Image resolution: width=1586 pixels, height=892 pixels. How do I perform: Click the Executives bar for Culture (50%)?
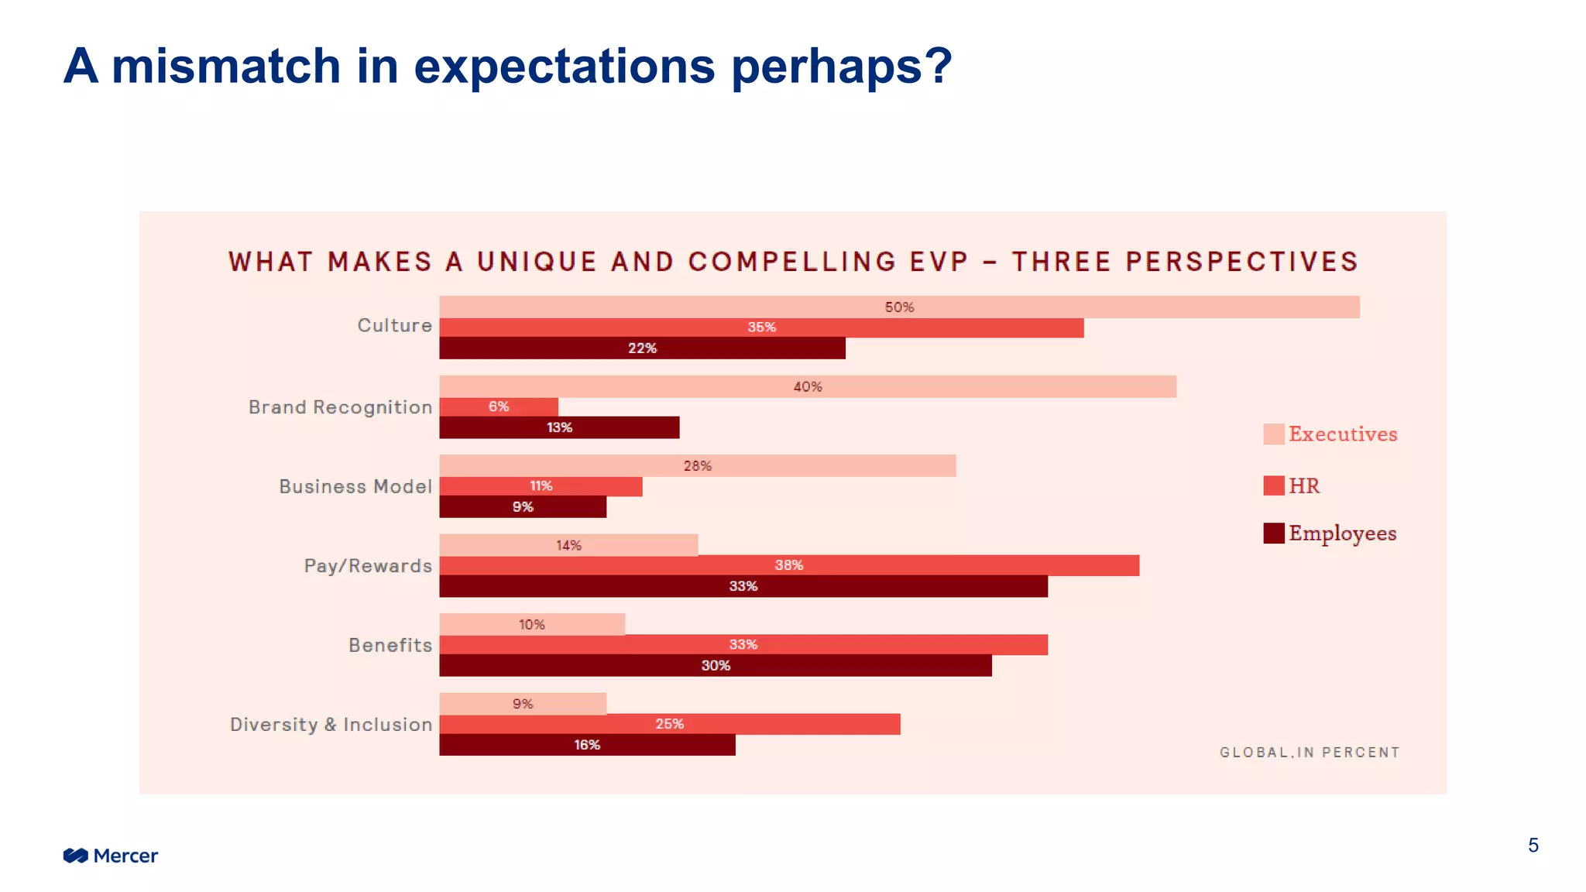click(898, 307)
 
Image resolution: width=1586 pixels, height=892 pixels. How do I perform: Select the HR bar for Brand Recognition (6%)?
click(499, 407)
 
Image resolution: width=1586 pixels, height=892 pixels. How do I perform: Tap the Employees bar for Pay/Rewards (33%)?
click(743, 586)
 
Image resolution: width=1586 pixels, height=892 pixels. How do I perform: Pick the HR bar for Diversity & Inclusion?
click(669, 724)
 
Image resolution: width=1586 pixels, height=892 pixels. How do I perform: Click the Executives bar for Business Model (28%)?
click(697, 465)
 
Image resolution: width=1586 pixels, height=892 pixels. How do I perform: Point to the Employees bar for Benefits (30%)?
click(715, 665)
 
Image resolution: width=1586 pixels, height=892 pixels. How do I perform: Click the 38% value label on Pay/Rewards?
click(788, 565)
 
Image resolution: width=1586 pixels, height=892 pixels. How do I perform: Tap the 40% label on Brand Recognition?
click(807, 386)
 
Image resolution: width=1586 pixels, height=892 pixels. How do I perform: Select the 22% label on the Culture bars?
click(642, 348)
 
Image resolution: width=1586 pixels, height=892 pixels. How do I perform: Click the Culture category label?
click(394, 325)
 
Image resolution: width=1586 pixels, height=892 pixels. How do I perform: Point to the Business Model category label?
click(355, 486)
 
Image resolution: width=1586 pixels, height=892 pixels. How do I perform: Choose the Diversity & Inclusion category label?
click(331, 725)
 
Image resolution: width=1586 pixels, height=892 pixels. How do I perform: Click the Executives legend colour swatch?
click(1273, 434)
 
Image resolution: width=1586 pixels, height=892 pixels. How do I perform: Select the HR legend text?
click(1304, 485)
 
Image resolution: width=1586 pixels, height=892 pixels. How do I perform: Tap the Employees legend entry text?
click(1342, 533)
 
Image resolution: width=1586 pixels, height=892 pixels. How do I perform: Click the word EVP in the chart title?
click(939, 262)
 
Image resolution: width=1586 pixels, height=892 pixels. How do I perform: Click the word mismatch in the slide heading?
click(226, 66)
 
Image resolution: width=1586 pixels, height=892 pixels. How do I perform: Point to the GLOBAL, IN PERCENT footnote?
click(1310, 752)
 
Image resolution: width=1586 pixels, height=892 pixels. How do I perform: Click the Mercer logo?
click(110, 856)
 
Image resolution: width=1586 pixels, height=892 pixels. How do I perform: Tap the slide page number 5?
click(1533, 846)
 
